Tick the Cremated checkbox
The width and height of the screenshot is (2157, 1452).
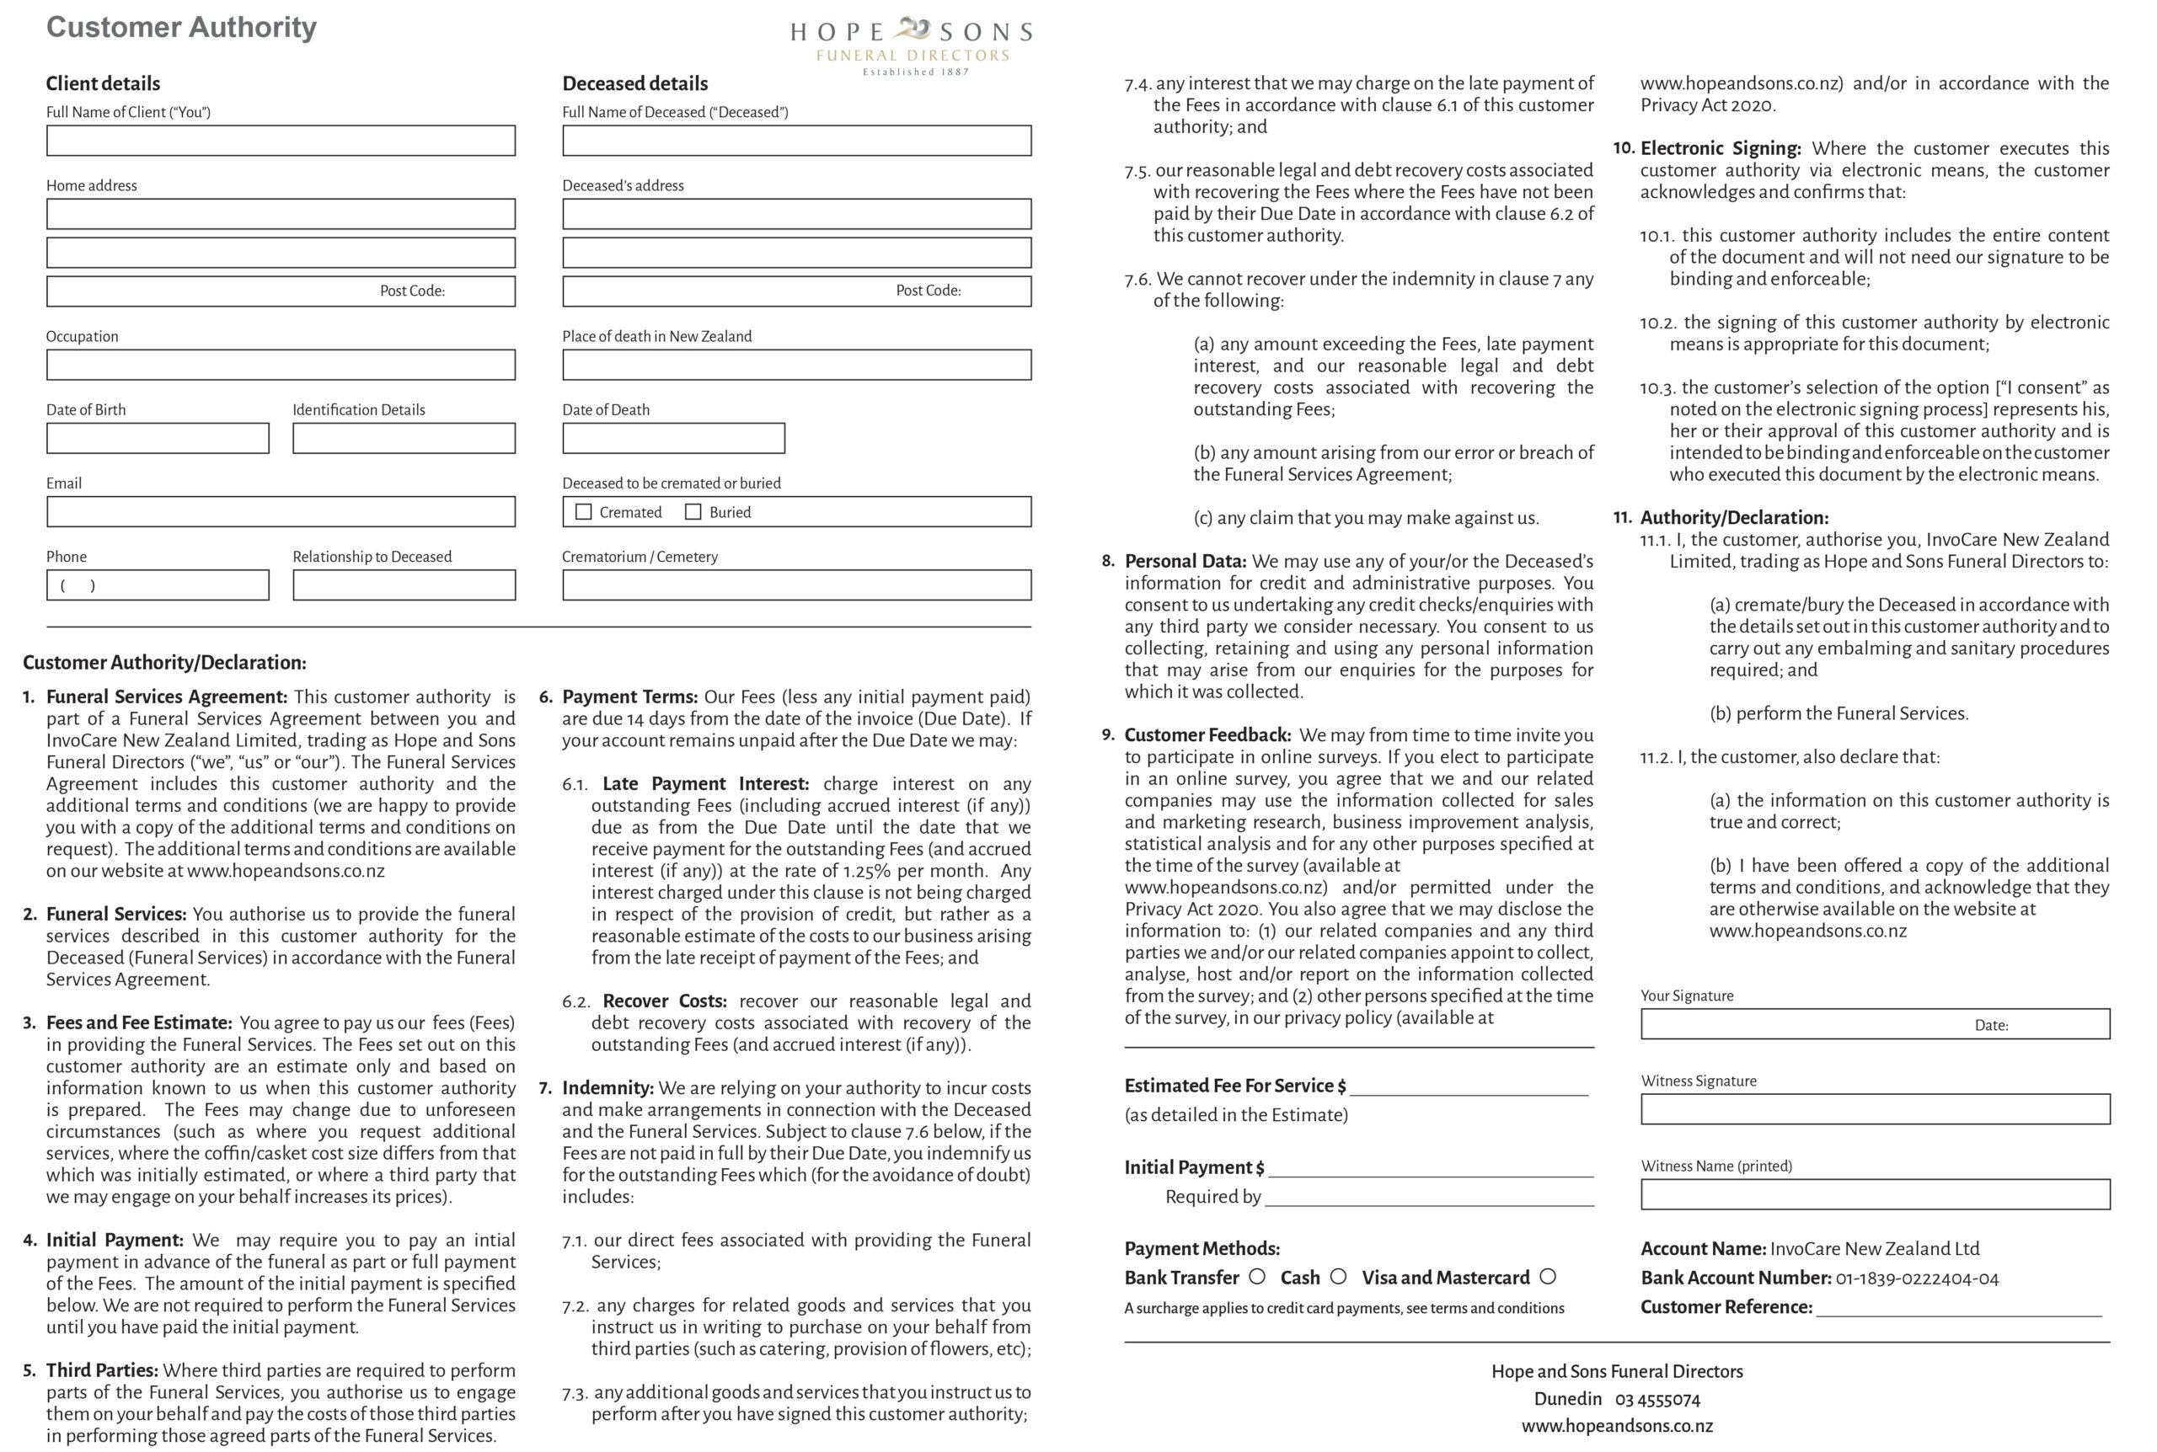583,512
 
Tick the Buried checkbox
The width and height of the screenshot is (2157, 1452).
693,512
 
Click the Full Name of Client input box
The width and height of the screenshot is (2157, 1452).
281,141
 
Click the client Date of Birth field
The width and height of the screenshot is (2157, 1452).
158,438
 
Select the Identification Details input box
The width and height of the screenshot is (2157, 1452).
404,438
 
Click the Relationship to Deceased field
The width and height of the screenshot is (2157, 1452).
404,585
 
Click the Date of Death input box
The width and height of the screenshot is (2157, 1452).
673,438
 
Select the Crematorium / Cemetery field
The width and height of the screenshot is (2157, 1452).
796,585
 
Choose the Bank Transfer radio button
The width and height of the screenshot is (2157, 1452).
1257,1276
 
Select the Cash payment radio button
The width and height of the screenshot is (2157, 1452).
1338,1276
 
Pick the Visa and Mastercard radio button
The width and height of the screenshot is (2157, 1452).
1548,1276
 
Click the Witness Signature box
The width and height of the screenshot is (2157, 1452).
1875,1109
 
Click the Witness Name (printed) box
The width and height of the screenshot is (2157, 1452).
1875,1194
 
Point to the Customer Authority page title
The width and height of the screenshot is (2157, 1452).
181,27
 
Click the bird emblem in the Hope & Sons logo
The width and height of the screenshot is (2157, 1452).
912,28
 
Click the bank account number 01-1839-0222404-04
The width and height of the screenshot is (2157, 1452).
1916,1279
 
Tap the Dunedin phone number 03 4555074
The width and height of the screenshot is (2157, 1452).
1658,1399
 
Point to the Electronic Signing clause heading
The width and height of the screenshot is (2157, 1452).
1720,148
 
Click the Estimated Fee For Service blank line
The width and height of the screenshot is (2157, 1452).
1469,1087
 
